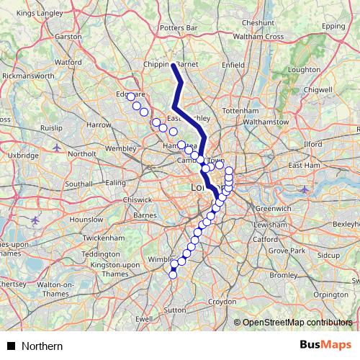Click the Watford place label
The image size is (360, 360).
[x=68, y=63]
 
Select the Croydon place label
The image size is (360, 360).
[x=221, y=301]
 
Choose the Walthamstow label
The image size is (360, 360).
[x=266, y=122]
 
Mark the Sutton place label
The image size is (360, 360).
[x=174, y=310]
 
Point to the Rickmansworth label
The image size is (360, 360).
[x=30, y=75]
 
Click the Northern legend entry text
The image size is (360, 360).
[x=42, y=346]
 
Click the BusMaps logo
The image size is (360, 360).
[x=325, y=346]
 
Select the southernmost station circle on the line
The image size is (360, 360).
[x=173, y=274]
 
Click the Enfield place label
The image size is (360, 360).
[x=234, y=65]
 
